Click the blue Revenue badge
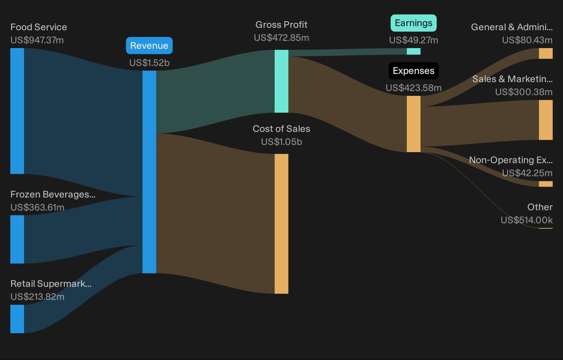tap(149, 45)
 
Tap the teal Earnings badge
tap(414, 23)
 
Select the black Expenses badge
tap(414, 71)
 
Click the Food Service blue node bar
tap(17, 111)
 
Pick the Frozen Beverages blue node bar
tap(17, 239)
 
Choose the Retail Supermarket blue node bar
tap(17, 319)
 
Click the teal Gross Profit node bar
tap(281, 81)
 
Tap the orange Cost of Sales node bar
tap(281, 224)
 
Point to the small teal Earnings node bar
tap(414, 51)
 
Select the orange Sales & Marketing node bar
tap(546, 120)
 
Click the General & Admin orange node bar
tap(546, 53)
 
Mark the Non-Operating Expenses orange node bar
tap(546, 184)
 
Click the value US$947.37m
tap(37, 40)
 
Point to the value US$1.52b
tap(149, 63)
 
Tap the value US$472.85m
tap(281, 38)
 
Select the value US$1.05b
tap(281, 142)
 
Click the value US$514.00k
tap(527, 220)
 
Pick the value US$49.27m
tap(414, 40)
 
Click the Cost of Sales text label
tap(281, 129)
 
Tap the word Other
tap(540, 207)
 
